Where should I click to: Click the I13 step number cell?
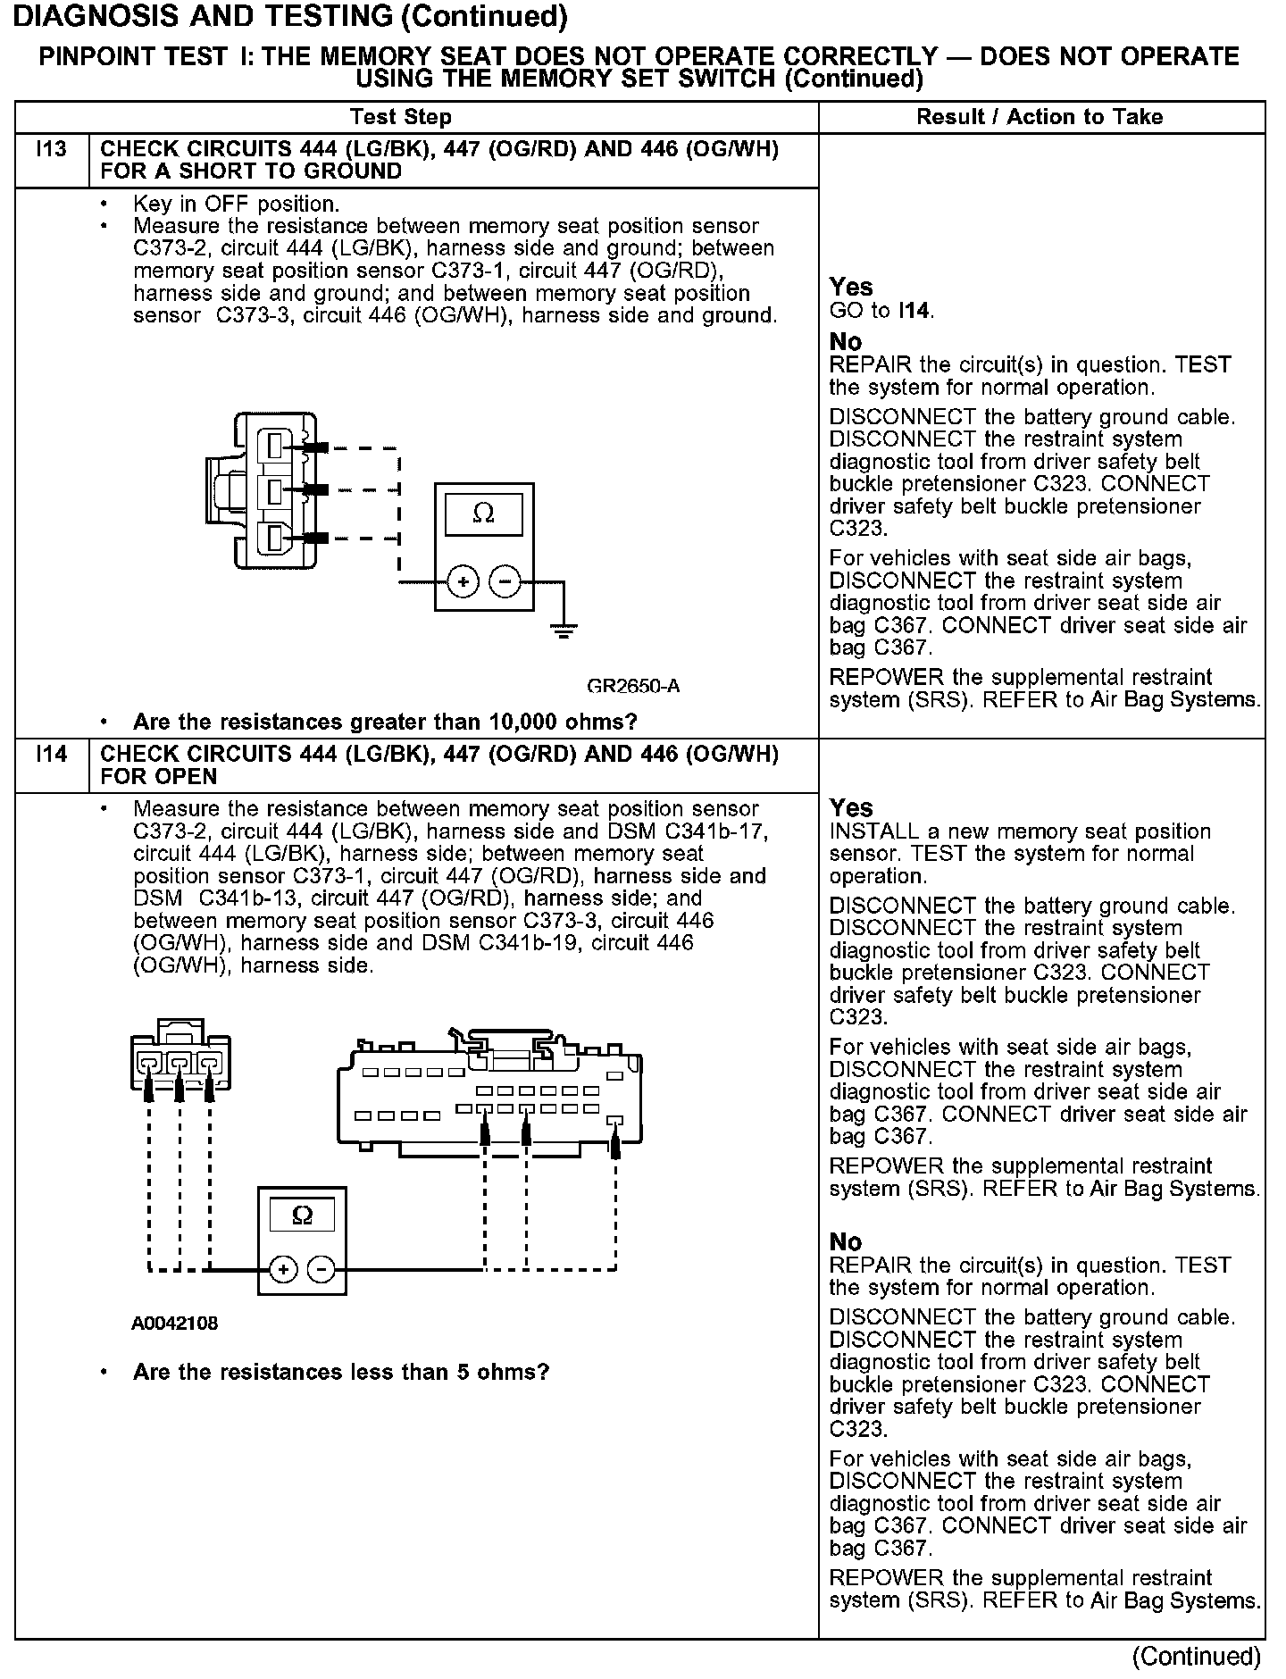52,150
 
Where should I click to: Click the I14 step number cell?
52,756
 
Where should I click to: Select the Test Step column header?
401,117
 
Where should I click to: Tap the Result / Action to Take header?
1040,117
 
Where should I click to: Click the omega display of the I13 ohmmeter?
483,514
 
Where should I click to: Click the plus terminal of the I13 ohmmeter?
463,582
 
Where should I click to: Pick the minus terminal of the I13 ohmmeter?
505,582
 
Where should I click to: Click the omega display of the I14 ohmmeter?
303,1215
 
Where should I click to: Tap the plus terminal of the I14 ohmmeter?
282,1269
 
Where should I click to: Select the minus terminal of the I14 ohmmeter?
322,1269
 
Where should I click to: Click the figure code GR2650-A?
633,686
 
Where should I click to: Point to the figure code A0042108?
174,1323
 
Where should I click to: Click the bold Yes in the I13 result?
850,287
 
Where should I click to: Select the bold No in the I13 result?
846,342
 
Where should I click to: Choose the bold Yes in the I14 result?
850,807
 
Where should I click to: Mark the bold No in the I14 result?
846,1242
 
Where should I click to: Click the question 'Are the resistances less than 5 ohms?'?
340,1372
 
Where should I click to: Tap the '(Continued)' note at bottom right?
1196,1657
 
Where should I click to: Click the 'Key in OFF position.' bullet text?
236,204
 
